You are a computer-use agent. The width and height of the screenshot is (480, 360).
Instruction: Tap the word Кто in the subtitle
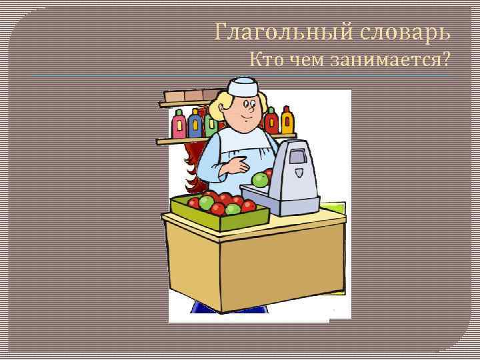click(x=265, y=60)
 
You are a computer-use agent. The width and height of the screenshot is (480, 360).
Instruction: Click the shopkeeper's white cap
click(x=241, y=86)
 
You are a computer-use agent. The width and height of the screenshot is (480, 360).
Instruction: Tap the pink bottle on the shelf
click(x=179, y=124)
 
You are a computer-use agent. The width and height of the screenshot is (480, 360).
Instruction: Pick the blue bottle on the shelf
click(x=195, y=123)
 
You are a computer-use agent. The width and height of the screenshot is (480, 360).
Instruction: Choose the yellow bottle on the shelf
click(x=287, y=120)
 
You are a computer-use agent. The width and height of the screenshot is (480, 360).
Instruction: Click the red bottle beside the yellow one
click(x=271, y=121)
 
